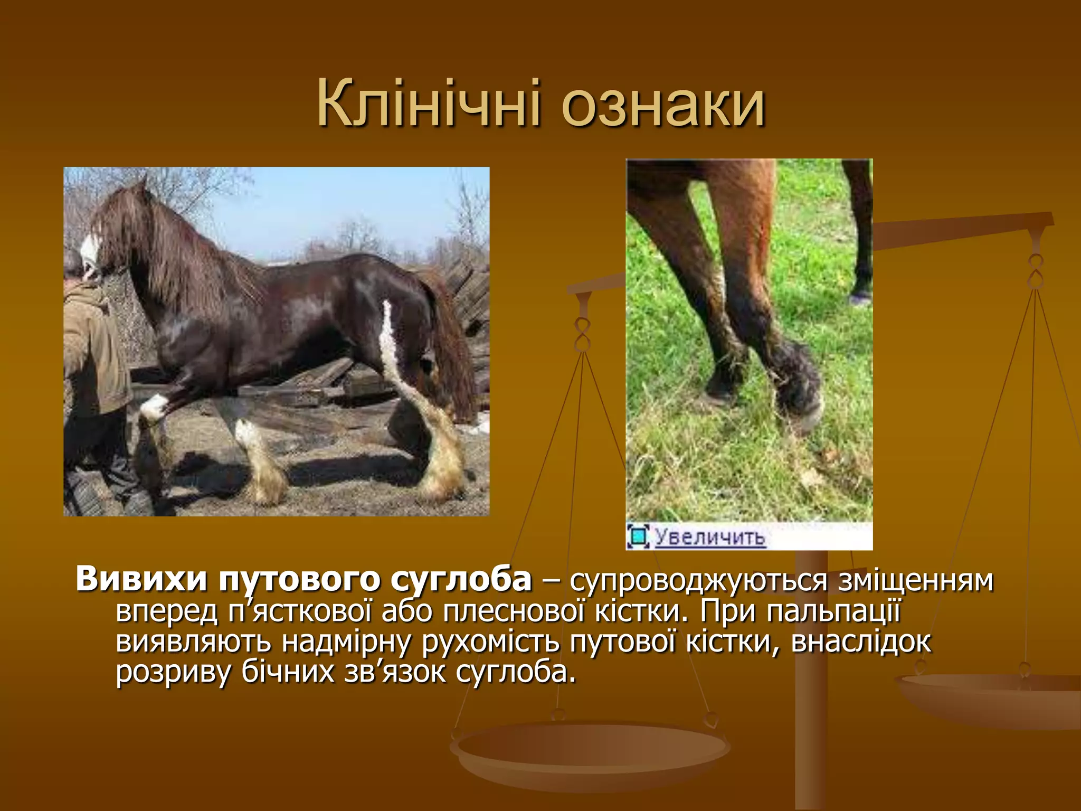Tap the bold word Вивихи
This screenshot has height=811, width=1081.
pos(141,579)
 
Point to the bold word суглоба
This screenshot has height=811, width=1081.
pos(461,579)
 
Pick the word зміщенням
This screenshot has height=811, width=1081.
pos(916,580)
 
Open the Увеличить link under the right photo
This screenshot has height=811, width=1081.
pos(710,536)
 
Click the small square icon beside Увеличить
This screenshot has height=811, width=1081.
pos(638,536)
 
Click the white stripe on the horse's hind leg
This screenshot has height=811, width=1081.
pos(389,338)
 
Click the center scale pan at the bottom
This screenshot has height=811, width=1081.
pos(590,750)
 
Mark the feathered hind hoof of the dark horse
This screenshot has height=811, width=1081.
pos(443,465)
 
